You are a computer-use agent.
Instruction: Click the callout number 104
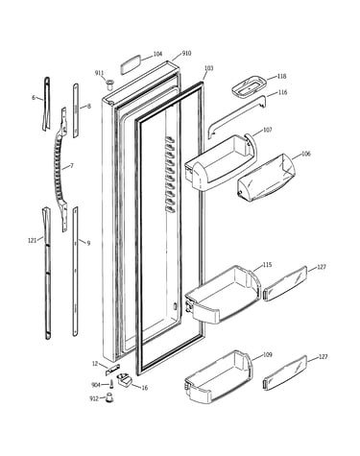click(x=157, y=54)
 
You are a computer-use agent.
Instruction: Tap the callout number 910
click(x=186, y=53)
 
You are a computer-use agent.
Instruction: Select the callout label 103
click(x=208, y=68)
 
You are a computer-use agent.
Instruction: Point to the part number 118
click(x=282, y=76)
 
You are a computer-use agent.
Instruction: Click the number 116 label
click(x=282, y=92)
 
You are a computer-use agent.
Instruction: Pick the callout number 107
click(x=268, y=130)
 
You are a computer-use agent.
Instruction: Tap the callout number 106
click(x=306, y=154)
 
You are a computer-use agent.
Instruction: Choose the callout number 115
click(x=267, y=265)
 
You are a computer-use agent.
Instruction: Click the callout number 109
click(x=268, y=354)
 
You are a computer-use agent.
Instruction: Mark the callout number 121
click(x=32, y=241)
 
